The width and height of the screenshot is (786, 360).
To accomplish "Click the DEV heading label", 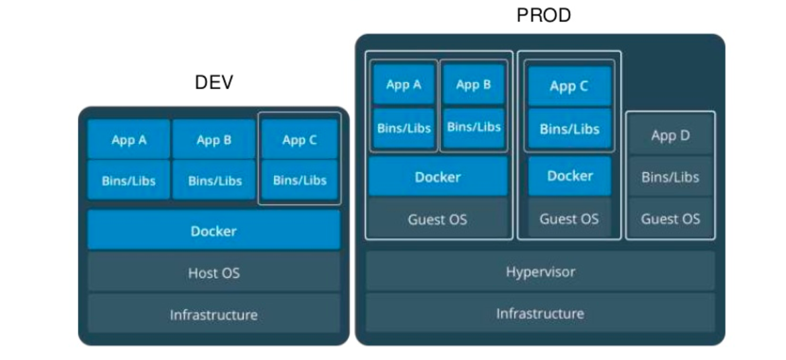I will pos(214,83).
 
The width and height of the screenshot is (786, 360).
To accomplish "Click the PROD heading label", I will pos(543,15).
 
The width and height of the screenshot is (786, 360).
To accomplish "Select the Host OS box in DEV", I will pos(213,273).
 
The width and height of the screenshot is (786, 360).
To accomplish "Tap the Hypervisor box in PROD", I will pos(540,272).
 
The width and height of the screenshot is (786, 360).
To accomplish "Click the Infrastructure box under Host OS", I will pos(213,314).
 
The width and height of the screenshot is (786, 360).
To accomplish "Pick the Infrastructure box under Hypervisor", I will pos(540,313).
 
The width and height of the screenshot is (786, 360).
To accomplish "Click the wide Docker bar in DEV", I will pos(213,231).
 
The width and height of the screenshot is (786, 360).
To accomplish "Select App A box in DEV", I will pos(129,140).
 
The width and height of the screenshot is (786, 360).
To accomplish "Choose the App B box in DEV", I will pos(214,140).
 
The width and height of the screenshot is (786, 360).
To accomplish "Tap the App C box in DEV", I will pos(299,140).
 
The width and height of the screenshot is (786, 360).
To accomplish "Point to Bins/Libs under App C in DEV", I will pos(299,180).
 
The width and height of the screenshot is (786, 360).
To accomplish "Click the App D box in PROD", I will pos(670,135).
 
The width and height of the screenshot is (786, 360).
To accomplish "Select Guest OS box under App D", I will pos(670,219).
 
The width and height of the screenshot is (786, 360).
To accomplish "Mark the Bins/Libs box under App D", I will pos(670,178).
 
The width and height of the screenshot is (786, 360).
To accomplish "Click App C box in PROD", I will pos(569,86).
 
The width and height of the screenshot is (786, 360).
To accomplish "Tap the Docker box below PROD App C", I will pos(569,176).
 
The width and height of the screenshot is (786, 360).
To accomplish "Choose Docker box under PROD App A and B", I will pos(437,177).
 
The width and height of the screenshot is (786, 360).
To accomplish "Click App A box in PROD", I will pos(404,85).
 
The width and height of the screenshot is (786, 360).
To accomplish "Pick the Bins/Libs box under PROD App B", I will pos(474,127).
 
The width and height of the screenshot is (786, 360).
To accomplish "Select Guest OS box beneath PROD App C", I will pos(569,219).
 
